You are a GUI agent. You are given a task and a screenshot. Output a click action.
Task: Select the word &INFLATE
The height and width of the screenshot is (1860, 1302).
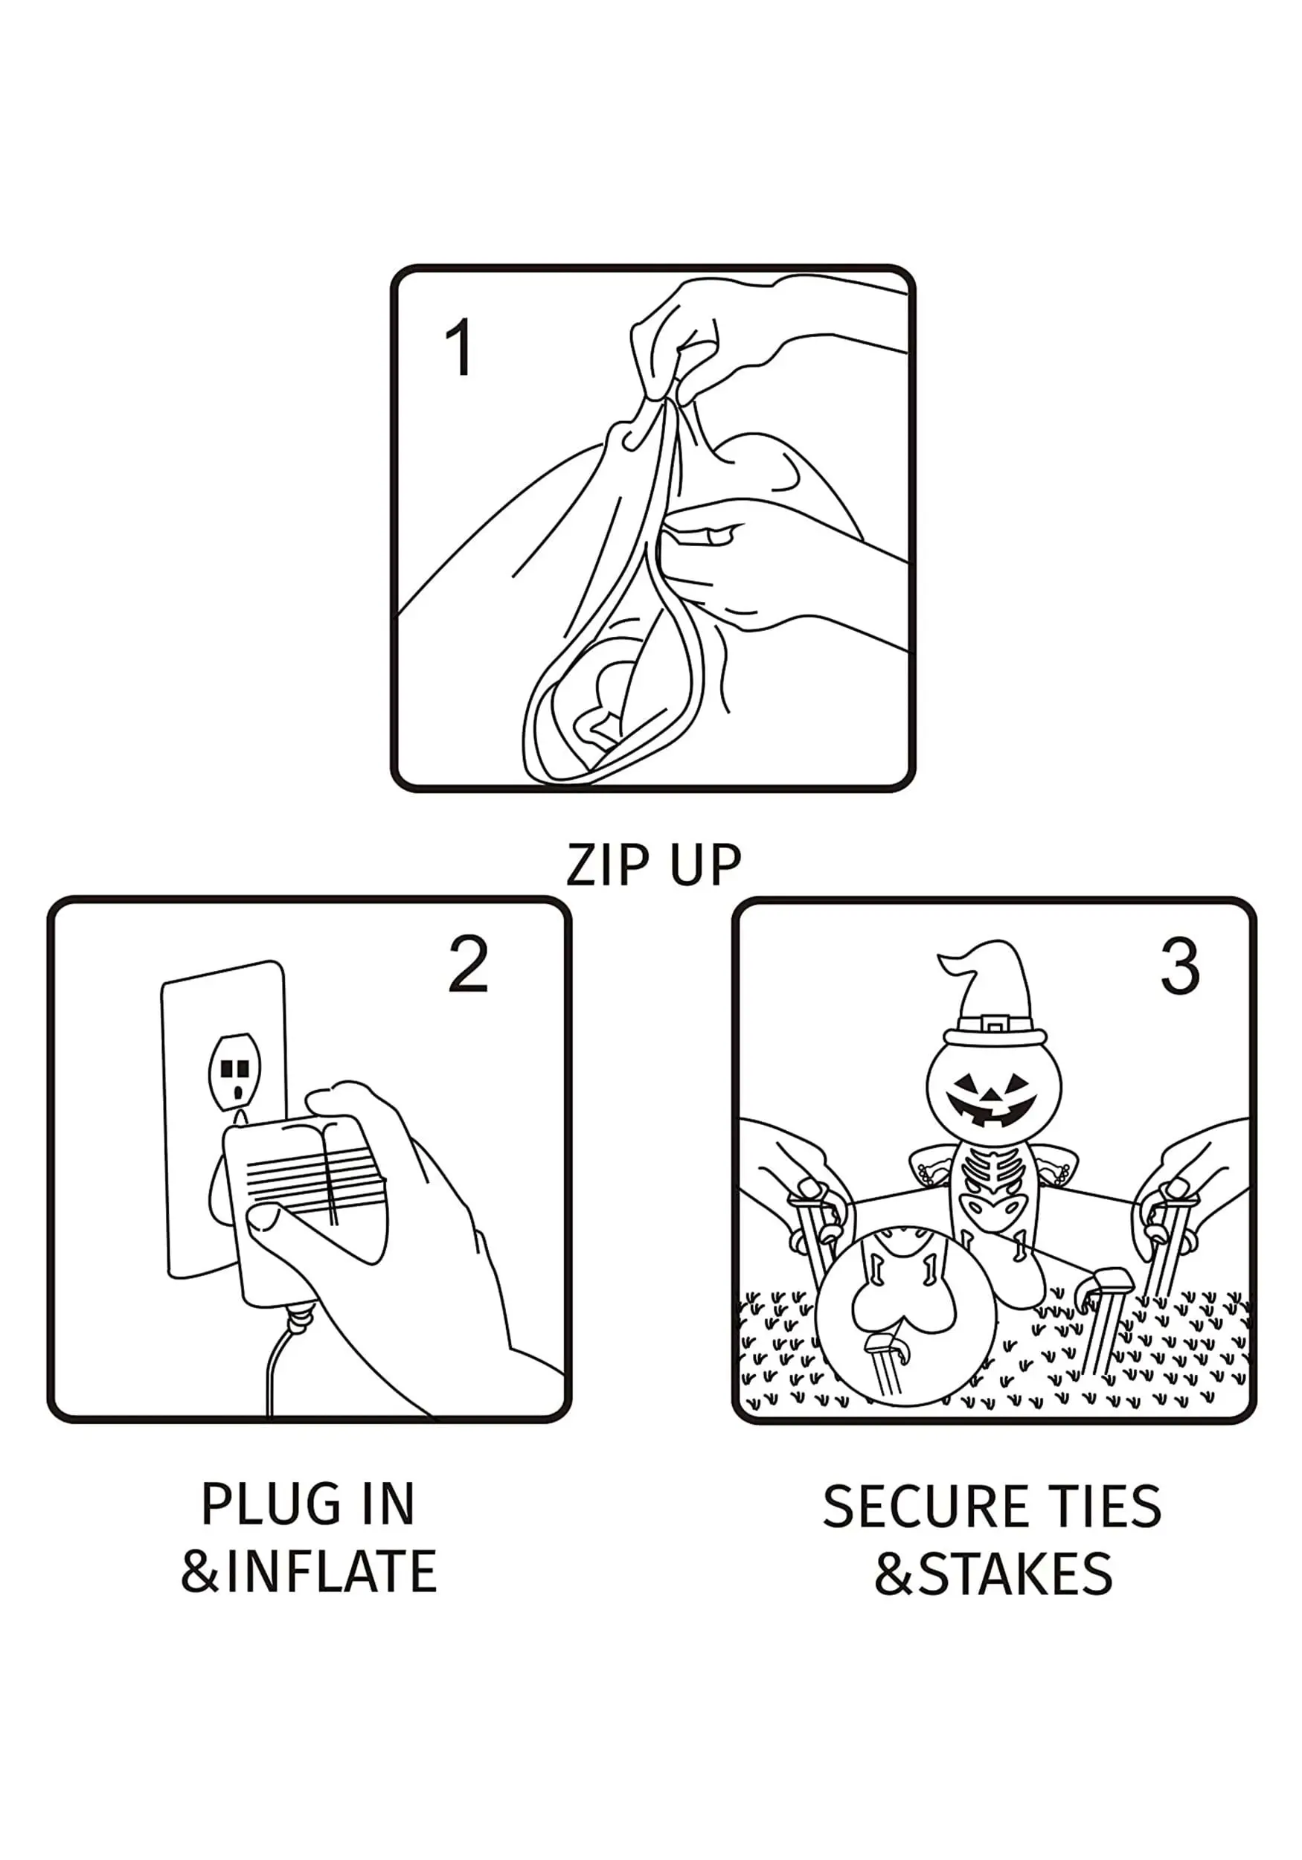coord(309,1571)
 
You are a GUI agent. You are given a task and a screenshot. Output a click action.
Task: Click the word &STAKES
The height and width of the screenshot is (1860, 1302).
coord(993,1574)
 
